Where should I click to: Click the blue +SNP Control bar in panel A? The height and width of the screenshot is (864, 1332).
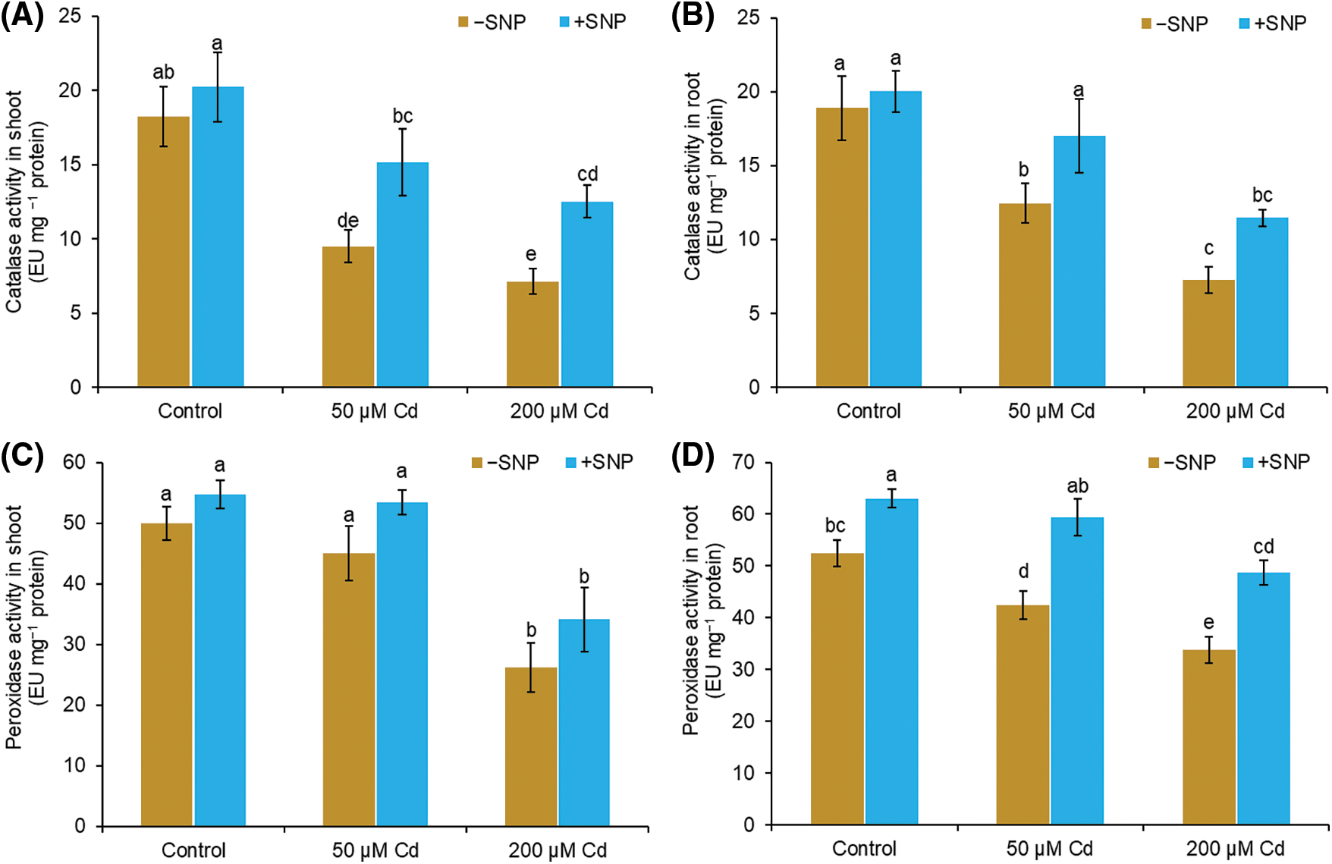[218, 237]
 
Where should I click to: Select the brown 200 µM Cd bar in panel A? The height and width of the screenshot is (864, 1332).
[532, 334]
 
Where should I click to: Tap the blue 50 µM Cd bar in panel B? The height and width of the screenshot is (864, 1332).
[1079, 261]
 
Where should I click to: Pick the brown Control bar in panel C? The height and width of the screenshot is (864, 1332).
[167, 674]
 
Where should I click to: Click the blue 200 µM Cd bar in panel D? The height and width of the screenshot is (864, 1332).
[1263, 698]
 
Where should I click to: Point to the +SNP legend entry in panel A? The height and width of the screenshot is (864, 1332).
[592, 22]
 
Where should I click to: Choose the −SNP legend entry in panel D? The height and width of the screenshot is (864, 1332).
[1182, 462]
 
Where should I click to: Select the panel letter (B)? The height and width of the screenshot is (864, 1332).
[692, 17]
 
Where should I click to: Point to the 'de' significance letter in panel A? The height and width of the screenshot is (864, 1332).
[347, 221]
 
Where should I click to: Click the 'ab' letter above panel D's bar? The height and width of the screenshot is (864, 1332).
[1077, 486]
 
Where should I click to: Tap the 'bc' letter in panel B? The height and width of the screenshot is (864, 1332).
[1262, 195]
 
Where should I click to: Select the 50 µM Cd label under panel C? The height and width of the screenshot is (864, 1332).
[375, 850]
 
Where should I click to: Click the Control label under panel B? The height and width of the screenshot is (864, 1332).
[869, 411]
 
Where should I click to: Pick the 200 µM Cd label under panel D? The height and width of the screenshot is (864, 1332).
[1235, 848]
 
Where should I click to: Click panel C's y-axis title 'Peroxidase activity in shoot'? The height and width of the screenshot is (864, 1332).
[14, 627]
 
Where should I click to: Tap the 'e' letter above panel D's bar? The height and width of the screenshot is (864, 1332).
[1208, 623]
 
